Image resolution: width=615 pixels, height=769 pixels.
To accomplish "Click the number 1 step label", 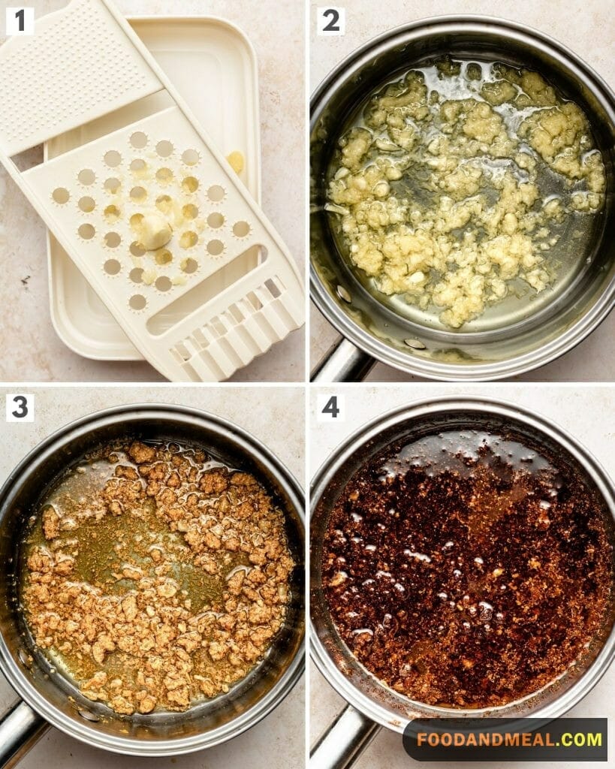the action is pyautogui.click(x=20, y=22).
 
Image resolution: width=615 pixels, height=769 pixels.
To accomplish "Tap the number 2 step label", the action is pyautogui.click(x=330, y=22).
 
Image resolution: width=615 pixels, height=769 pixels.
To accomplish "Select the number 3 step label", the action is pyautogui.click(x=20, y=408).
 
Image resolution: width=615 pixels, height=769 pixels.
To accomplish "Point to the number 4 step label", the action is pyautogui.click(x=330, y=408).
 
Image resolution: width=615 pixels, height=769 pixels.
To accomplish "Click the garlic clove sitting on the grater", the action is pyautogui.click(x=154, y=231).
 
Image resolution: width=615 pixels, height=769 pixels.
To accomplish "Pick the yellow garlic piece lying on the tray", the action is pyautogui.click(x=237, y=161).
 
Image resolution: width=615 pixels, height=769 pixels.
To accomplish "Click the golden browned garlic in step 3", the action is pyautogui.click(x=157, y=574).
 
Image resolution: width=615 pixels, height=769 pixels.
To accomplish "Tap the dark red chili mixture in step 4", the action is pyautogui.click(x=461, y=574).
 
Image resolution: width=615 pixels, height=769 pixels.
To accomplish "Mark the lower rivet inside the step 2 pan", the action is pyautogui.click(x=415, y=343).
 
